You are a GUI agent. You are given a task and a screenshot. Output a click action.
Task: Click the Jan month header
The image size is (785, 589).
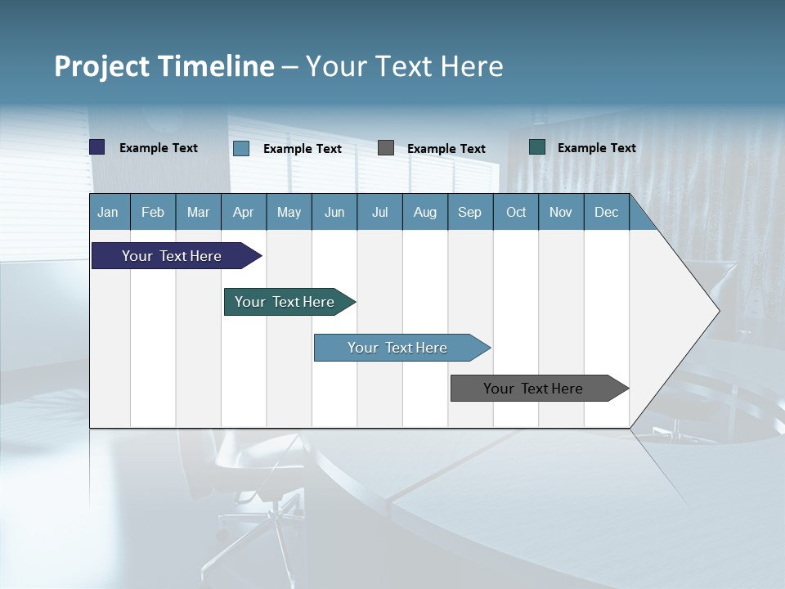coord(109,212)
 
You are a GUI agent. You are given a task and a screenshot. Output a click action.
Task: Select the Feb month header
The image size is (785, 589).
coord(153,212)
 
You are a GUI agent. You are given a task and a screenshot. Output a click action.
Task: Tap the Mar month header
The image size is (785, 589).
coord(198,212)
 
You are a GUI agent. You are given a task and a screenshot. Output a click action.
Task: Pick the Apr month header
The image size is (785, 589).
coord(244,212)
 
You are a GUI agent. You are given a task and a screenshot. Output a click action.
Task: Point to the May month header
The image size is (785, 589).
coord(289,212)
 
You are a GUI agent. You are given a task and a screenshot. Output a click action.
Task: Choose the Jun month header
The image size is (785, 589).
coord(334,212)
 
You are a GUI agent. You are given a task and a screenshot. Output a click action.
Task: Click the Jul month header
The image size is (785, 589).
coord(379,212)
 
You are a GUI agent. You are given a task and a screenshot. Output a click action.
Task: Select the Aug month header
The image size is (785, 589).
coord(425,212)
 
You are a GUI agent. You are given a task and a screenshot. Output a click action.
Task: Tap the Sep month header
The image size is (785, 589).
coord(470,212)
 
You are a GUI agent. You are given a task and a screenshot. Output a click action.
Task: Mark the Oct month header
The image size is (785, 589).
coord(516,212)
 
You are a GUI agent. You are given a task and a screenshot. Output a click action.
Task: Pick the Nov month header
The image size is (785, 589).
coord(561,212)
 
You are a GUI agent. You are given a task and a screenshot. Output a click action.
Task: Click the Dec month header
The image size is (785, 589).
coord(607,212)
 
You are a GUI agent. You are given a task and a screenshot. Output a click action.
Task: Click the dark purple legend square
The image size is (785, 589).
coord(97,147)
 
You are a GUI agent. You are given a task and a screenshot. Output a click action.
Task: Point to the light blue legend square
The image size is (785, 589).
coord(241,148)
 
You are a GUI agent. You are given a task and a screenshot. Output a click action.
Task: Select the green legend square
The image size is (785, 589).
coord(537,147)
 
